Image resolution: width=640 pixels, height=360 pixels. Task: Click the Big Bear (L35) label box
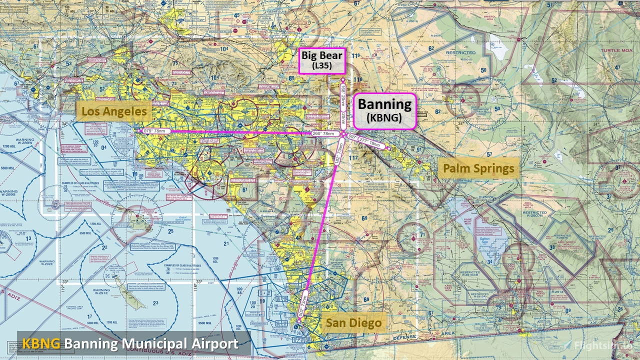(321, 61)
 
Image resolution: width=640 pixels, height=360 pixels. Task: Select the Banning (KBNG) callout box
(384, 111)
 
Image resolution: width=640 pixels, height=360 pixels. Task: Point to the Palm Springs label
(478, 168)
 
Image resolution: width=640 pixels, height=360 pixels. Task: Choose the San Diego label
(353, 322)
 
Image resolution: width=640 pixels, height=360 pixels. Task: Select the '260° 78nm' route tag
(323, 133)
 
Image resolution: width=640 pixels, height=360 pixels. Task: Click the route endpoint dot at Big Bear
(343, 80)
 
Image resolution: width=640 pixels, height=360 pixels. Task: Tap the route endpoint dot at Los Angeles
(139, 131)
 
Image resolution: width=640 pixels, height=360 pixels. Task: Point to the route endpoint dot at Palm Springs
(388, 148)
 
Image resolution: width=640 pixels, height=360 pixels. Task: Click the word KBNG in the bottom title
(41, 344)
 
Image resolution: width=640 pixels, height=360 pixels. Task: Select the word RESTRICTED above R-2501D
(461, 53)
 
